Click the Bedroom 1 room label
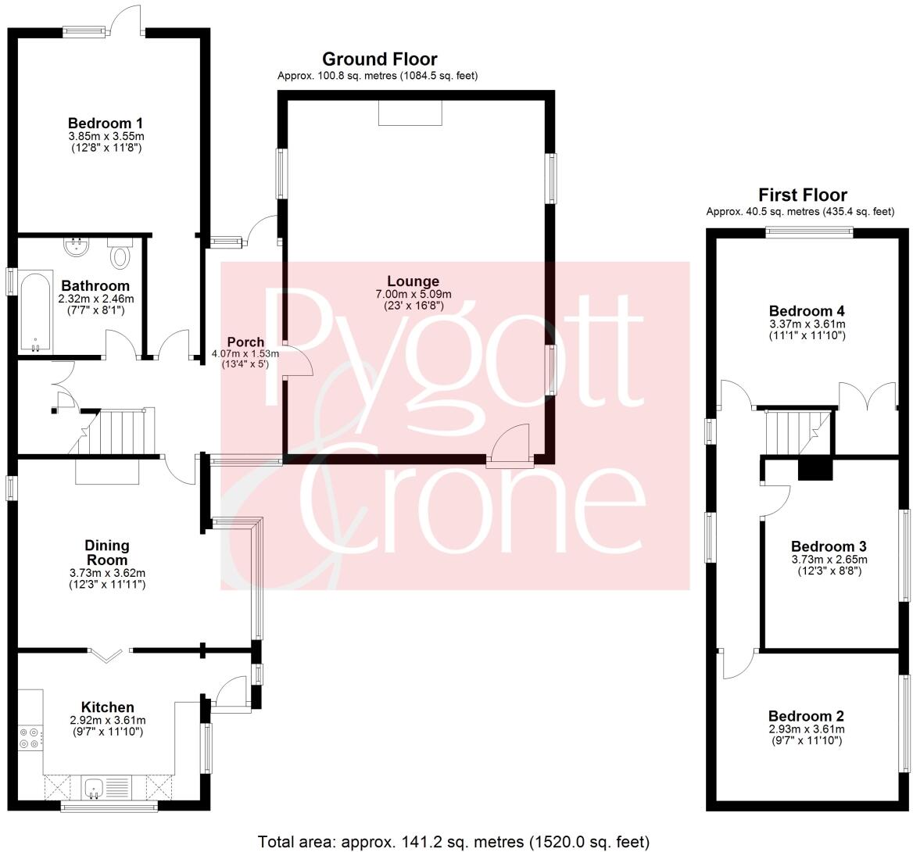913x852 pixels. click(106, 123)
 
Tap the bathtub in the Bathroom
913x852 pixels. click(35, 312)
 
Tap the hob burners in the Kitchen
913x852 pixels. click(30, 738)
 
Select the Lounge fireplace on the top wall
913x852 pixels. click(410, 113)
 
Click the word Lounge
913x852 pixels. click(413, 281)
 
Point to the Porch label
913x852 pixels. click(245, 342)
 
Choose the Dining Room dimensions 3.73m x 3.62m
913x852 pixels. click(107, 573)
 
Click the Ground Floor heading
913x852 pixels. click(379, 59)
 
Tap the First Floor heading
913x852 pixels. click(802, 195)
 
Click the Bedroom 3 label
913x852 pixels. click(829, 546)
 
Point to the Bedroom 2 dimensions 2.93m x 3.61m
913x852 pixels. click(806, 729)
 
